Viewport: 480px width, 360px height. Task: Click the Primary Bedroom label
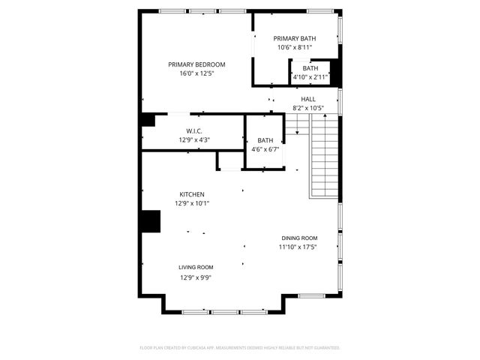click(196, 64)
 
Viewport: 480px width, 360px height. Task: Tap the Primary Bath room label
click(294, 38)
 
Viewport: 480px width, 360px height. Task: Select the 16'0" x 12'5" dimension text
click(196, 74)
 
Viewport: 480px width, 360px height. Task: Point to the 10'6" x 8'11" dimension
click(294, 47)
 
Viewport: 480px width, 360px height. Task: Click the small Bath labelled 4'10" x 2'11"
click(310, 68)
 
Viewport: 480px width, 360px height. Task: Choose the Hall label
click(308, 99)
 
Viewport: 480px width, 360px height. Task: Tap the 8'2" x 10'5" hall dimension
click(308, 108)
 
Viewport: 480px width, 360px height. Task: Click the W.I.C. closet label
click(194, 130)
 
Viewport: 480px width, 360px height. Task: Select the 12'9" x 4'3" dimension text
click(194, 139)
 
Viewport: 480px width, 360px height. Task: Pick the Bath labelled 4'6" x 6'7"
click(265, 140)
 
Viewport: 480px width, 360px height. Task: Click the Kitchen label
click(191, 194)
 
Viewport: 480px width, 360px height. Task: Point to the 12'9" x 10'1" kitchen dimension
click(192, 203)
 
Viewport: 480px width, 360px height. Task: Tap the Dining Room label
click(299, 238)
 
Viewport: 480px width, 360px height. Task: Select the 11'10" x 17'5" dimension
click(298, 247)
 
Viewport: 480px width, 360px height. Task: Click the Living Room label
click(196, 268)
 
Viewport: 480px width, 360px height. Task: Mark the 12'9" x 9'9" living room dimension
click(196, 277)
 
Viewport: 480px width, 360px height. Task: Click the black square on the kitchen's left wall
click(151, 222)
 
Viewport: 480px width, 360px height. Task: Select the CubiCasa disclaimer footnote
click(240, 348)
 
